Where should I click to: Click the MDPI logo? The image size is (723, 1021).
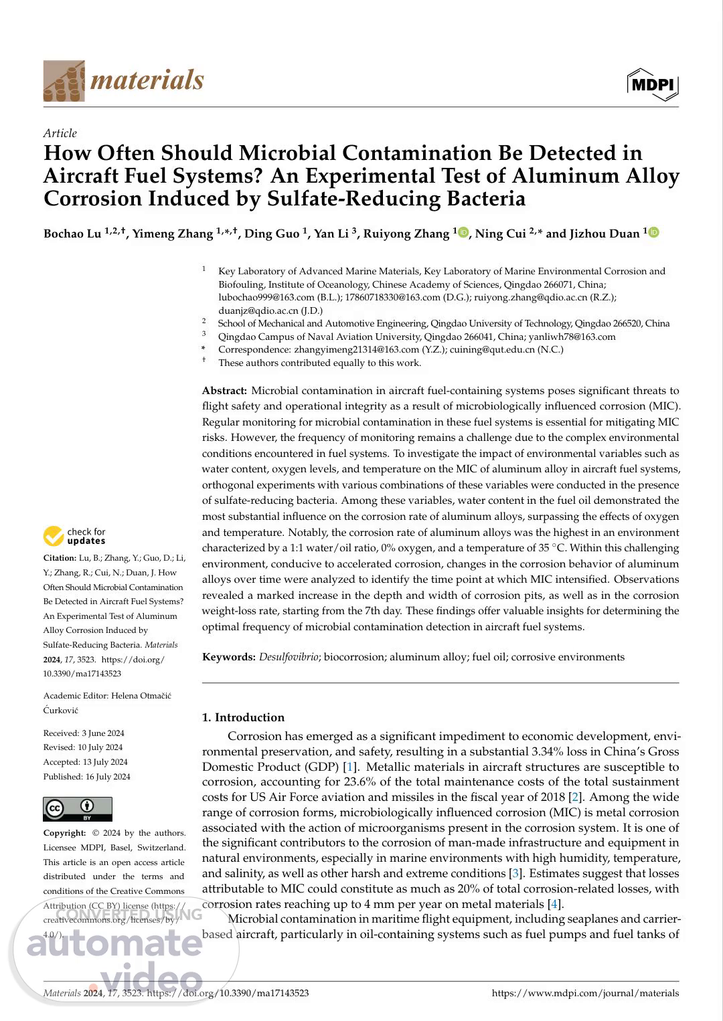653,84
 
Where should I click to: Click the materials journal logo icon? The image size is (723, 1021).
64,81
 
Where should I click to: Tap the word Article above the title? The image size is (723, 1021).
60,133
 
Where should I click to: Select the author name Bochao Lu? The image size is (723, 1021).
72,234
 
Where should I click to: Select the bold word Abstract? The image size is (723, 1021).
224,391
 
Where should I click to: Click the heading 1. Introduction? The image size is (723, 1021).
243,717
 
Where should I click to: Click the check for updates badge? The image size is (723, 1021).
75,536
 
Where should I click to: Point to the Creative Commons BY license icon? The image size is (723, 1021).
78,808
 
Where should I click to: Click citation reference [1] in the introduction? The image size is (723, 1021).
349,767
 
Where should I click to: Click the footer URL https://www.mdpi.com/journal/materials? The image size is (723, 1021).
585,994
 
